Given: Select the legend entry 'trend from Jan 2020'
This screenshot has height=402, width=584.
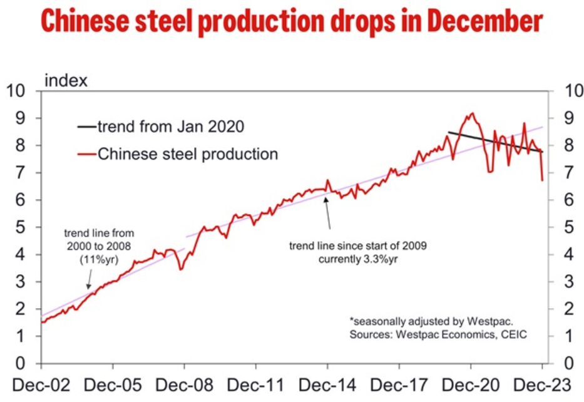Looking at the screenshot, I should click(x=170, y=126).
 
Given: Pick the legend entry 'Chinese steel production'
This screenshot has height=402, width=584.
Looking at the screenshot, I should click(x=187, y=153).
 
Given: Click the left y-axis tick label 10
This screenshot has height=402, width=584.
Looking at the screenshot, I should click(x=18, y=91).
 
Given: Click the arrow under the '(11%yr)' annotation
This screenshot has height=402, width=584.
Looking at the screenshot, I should click(x=89, y=277).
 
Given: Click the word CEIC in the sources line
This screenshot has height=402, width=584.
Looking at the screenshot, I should click(x=514, y=335).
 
